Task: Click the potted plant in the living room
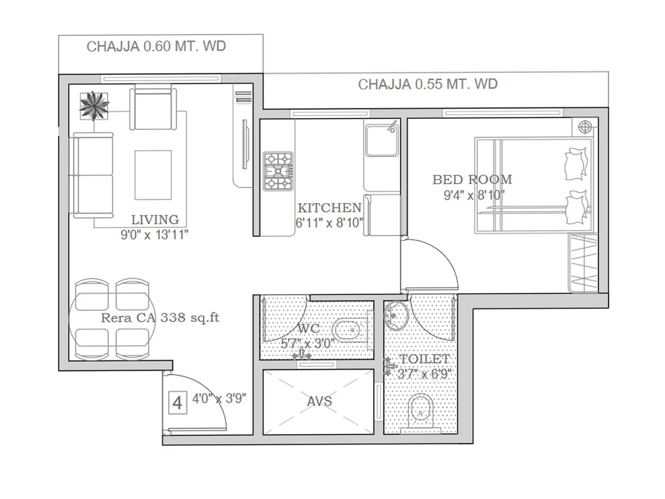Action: pyautogui.click(x=94, y=106)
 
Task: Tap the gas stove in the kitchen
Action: pyautogui.click(x=278, y=171)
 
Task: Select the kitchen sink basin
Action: pyautogui.click(x=382, y=140)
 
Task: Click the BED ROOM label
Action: pyautogui.click(x=472, y=180)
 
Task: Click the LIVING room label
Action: pyautogui.click(x=155, y=220)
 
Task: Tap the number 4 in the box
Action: pyautogui.click(x=177, y=403)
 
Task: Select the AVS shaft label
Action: pyautogui.click(x=319, y=401)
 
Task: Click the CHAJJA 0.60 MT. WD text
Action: pyautogui.click(x=156, y=46)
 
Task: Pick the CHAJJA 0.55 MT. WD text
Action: pyautogui.click(x=428, y=84)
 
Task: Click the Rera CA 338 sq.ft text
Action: pyautogui.click(x=160, y=318)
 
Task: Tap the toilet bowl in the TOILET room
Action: pyautogui.click(x=421, y=412)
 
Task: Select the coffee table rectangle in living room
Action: pyautogui.click(x=153, y=175)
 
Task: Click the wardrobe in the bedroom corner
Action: pyautogui.click(x=583, y=263)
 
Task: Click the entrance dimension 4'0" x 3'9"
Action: pyautogui.click(x=219, y=398)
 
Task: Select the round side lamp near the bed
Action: pyautogui.click(x=585, y=127)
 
